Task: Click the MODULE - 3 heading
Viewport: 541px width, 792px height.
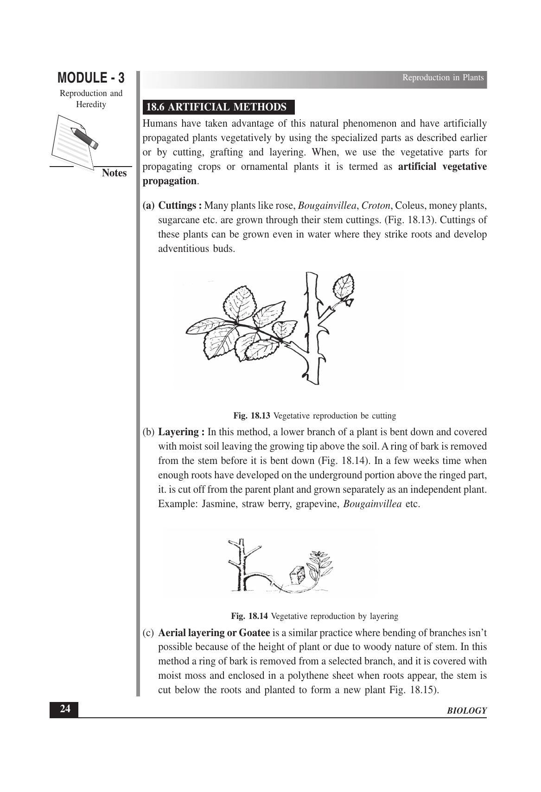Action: (x=91, y=77)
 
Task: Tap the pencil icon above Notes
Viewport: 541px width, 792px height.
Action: (x=83, y=137)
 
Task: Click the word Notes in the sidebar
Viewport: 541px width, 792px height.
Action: (x=114, y=173)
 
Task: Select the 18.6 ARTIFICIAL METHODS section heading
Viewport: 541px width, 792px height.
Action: (x=216, y=107)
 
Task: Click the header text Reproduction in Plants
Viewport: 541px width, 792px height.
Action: (x=443, y=77)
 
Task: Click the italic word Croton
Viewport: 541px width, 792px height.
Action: (x=376, y=206)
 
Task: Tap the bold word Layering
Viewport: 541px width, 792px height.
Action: (x=178, y=432)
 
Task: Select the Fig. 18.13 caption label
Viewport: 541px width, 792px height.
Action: (x=251, y=416)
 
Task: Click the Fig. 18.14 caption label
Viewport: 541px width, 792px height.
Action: (x=249, y=616)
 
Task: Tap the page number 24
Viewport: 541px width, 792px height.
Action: (x=65, y=709)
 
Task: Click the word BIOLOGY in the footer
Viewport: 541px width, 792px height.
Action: (x=467, y=711)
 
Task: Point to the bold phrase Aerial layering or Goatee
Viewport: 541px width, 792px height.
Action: (x=214, y=633)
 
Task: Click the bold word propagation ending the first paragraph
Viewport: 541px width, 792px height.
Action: (x=169, y=181)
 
